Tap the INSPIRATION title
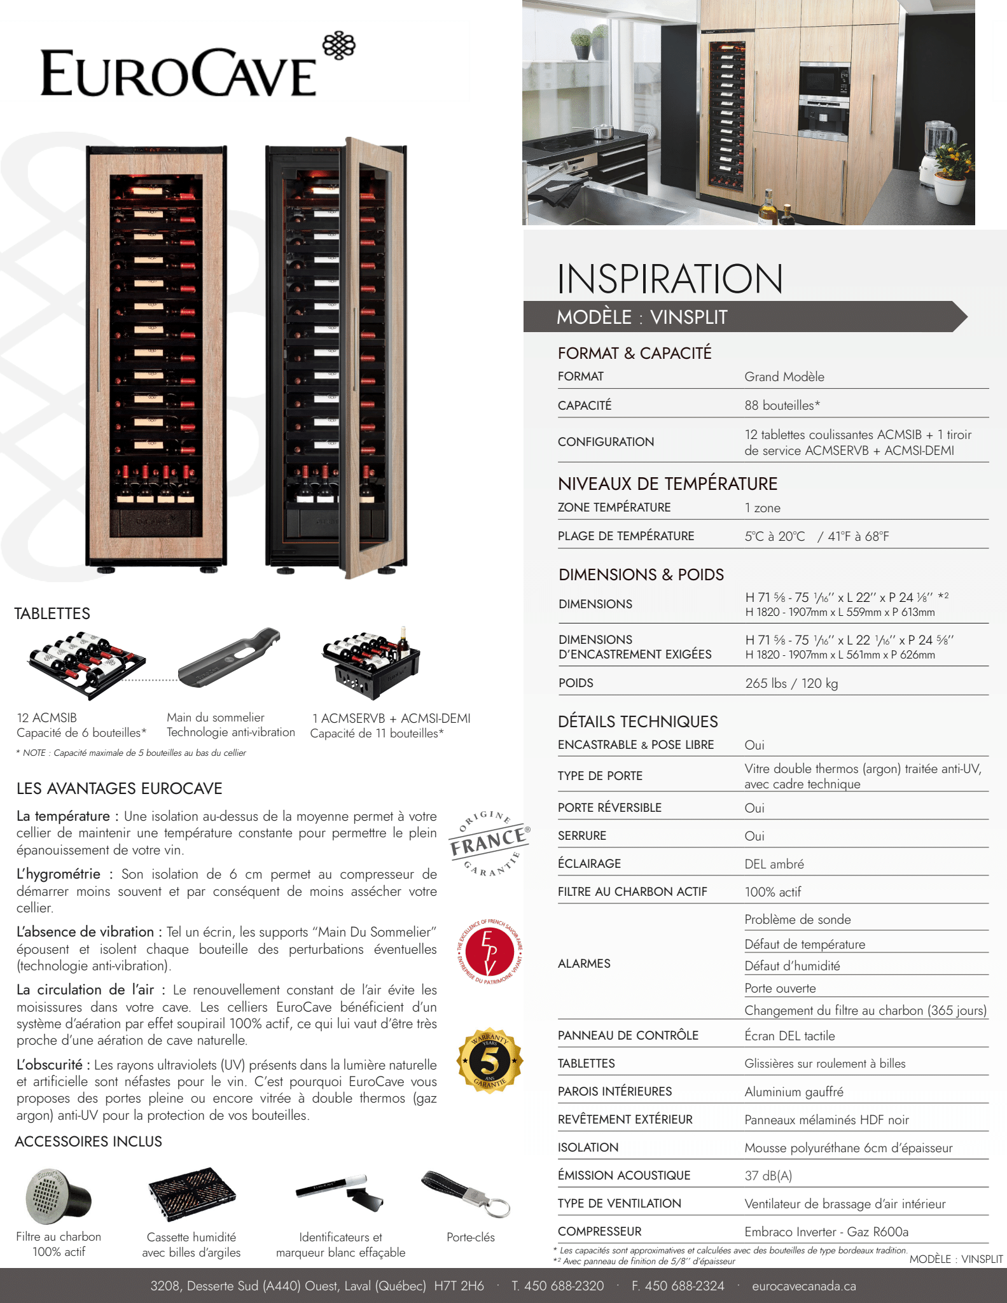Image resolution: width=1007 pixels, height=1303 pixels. click(x=669, y=279)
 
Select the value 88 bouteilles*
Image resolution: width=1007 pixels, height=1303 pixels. click(x=782, y=405)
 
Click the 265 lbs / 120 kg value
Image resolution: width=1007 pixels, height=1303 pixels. click(x=791, y=683)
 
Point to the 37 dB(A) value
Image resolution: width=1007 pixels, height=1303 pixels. click(x=768, y=1176)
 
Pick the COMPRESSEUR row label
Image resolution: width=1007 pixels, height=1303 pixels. click(x=599, y=1231)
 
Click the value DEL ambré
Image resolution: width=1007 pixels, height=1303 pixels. click(x=774, y=864)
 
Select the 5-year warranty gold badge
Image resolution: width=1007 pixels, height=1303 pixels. click(x=489, y=1060)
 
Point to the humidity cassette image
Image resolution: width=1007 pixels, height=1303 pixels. click(x=191, y=1194)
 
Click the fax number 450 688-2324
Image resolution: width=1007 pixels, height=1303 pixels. click(x=677, y=1286)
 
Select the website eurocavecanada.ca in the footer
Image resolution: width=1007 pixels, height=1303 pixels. click(x=803, y=1286)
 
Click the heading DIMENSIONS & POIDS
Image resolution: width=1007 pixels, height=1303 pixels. click(x=641, y=575)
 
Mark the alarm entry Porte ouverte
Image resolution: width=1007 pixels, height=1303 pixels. click(x=780, y=988)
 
